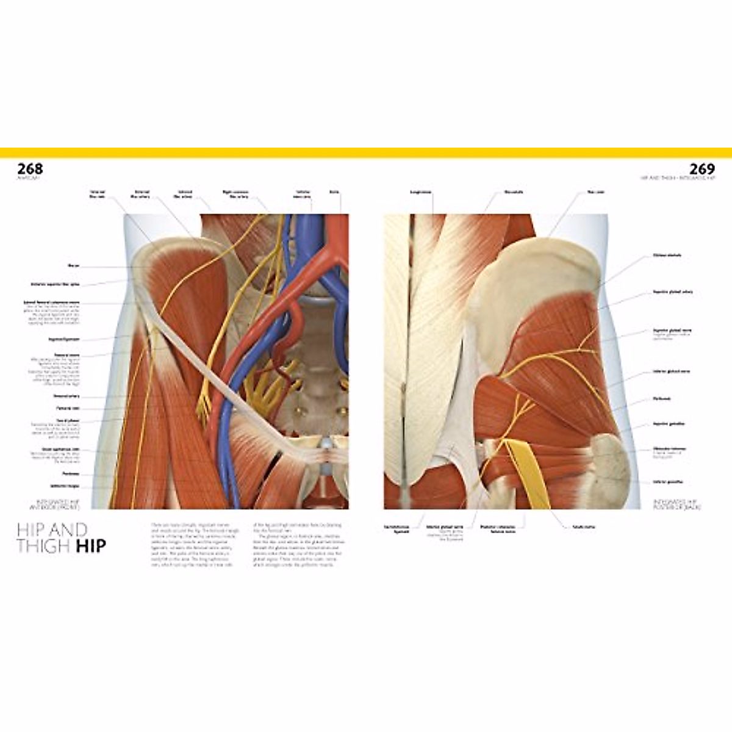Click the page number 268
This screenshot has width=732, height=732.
tap(30, 168)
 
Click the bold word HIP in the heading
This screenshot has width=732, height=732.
tap(91, 545)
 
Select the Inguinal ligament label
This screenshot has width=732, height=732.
tap(65, 339)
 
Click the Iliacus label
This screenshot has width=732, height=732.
tap(74, 265)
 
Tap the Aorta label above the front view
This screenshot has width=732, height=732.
tap(333, 192)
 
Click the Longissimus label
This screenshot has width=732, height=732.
tap(421, 192)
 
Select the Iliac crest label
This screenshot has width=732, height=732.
tap(595, 192)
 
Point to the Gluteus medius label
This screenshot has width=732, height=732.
tap(667, 256)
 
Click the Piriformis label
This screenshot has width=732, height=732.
tap(662, 399)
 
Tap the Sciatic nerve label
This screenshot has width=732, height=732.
tap(583, 527)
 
